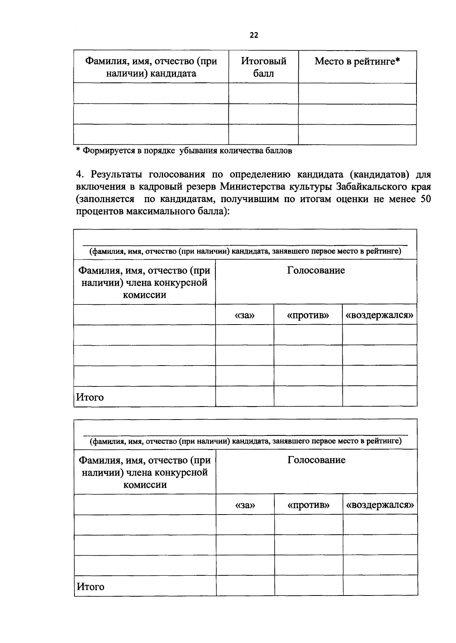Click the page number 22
[254, 35]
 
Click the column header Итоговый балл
[263, 67]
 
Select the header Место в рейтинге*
[357, 61]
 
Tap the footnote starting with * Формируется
[184, 150]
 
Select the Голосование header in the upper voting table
[316, 271]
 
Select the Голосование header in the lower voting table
[316, 460]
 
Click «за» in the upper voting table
[245, 315]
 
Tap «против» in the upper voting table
[308, 315]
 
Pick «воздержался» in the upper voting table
[379, 315]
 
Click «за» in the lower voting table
[245, 505]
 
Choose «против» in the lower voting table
[308, 505]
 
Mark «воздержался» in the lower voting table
[380, 505]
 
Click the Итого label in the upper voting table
[90, 397]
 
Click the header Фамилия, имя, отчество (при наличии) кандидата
[151, 67]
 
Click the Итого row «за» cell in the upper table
[245, 396]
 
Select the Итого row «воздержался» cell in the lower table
[380, 586]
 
